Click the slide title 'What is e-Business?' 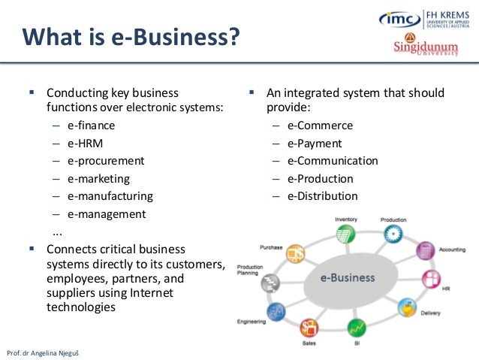(131, 35)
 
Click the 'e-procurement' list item (105, 161)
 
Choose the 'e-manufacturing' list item (110, 196)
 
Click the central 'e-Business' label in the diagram (347, 277)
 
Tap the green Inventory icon (345, 234)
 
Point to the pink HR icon (431, 280)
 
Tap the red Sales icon (309, 328)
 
